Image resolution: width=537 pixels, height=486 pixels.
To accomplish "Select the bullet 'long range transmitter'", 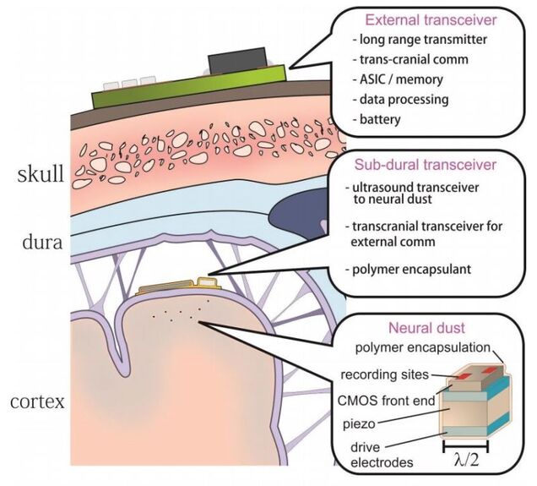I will point(410,39).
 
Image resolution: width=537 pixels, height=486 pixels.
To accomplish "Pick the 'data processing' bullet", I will point(396,100).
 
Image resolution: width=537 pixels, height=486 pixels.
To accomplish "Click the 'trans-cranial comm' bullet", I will point(404,59).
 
